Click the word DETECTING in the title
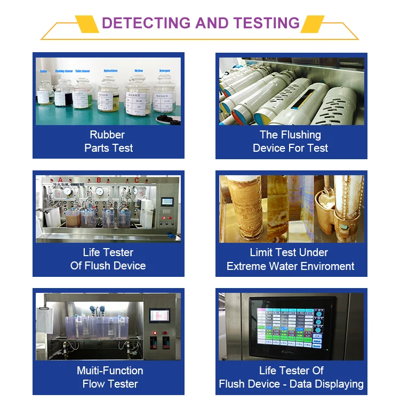(x=146, y=23)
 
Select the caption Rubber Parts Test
(x=108, y=142)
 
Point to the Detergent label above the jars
(x=165, y=70)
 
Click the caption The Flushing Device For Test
(x=291, y=142)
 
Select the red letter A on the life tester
(x=60, y=180)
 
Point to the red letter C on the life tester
(x=137, y=180)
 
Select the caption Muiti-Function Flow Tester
(x=110, y=377)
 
